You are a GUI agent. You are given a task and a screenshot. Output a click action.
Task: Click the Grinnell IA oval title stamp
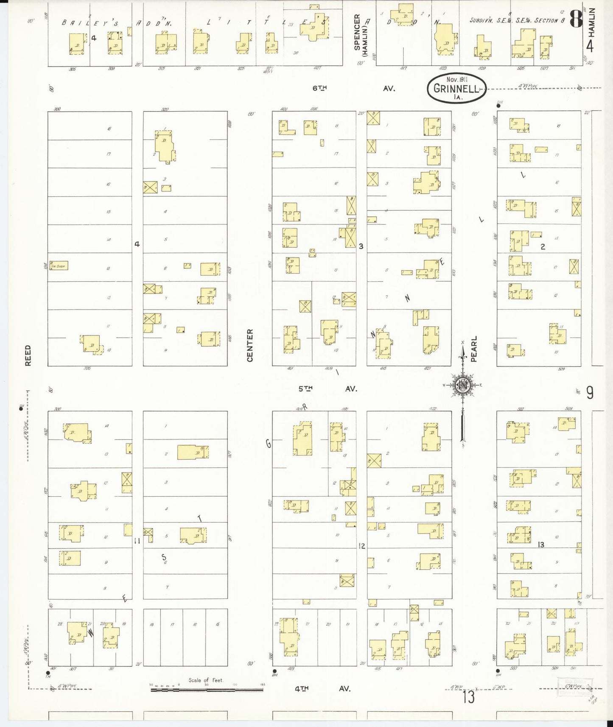coord(456,88)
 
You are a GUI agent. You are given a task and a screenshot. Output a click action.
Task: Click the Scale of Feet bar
coord(207,690)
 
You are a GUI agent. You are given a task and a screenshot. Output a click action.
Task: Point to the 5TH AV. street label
coord(327,389)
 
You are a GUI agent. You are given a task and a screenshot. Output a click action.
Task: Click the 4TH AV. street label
coord(323,689)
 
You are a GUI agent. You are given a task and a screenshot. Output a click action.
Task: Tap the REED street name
coord(28,355)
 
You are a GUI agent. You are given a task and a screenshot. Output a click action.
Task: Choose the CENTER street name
coord(249,346)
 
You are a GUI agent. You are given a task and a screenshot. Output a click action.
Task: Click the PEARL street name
coord(474,349)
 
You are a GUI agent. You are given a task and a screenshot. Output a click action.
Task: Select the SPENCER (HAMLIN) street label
coord(360,32)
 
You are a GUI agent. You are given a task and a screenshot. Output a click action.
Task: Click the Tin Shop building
coord(59,266)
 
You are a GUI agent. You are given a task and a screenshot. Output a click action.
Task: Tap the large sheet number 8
coord(575,19)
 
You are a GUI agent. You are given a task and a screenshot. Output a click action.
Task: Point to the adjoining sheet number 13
coord(468,697)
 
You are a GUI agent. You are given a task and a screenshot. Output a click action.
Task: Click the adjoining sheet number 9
coord(590,393)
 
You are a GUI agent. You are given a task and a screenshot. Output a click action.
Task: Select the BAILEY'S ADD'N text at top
coord(117,23)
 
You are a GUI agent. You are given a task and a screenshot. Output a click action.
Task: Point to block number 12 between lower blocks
coord(361,546)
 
